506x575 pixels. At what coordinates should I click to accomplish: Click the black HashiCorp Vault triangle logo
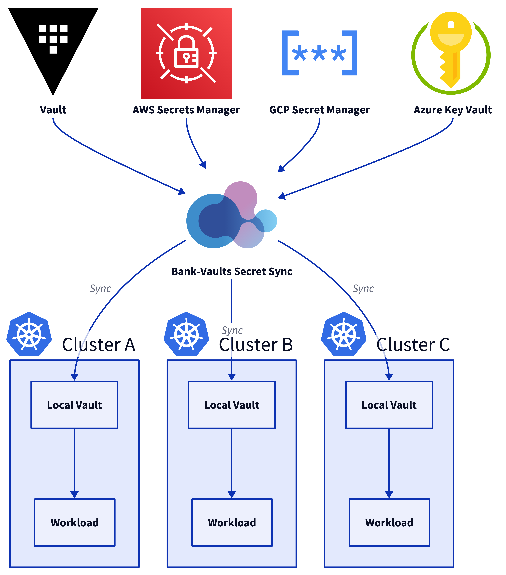click(53, 42)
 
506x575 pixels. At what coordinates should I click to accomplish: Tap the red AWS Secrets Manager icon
click(186, 53)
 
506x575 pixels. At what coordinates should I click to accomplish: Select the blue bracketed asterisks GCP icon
click(319, 53)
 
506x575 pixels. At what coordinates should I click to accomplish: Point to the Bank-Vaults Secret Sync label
click(232, 271)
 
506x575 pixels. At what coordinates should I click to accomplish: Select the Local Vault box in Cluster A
click(74, 405)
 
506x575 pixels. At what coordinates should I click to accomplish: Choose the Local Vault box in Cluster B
click(232, 405)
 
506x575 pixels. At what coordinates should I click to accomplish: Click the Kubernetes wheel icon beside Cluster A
click(29, 334)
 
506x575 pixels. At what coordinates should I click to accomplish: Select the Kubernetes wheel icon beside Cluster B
click(186, 334)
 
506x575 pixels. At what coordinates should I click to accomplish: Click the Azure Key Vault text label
click(453, 110)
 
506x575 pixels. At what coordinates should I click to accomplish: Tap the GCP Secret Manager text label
click(319, 110)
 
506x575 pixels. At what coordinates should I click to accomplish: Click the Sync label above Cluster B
click(232, 330)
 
